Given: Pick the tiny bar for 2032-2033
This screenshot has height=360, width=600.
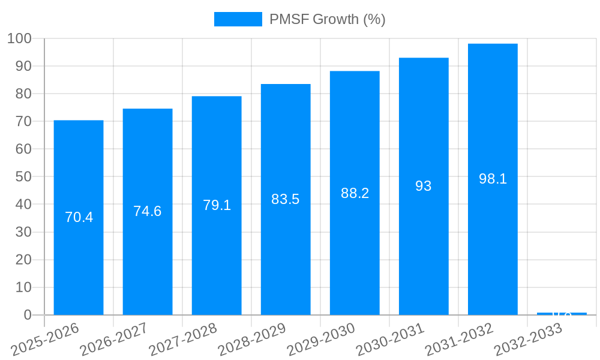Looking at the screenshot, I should click(x=562, y=314).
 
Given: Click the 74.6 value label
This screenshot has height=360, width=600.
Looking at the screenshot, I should click(x=148, y=211).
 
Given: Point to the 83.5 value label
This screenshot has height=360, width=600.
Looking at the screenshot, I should click(x=286, y=199).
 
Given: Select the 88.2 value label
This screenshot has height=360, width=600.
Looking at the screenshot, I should click(x=355, y=193).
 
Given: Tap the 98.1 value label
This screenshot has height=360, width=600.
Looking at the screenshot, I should click(x=493, y=179).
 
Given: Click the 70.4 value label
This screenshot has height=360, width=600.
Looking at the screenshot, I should click(x=79, y=217).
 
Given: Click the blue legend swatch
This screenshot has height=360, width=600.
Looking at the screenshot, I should click(x=238, y=19).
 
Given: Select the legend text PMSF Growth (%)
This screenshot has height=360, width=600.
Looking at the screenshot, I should click(x=327, y=19).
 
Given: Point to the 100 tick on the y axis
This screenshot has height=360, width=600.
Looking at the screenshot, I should click(x=19, y=38).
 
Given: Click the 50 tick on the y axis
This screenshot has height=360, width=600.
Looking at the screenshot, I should click(x=23, y=177).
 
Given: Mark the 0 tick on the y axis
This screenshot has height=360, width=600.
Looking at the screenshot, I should click(x=27, y=315).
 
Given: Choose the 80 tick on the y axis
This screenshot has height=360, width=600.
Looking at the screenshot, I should click(x=23, y=94).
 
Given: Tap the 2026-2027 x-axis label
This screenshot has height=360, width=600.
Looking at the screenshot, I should click(x=114, y=339).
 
